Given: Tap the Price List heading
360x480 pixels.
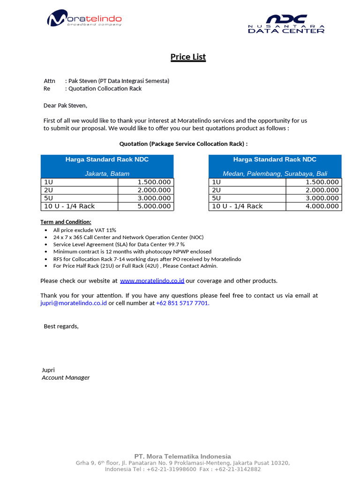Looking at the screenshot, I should point(188,57).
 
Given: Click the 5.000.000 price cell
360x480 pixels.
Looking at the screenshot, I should point(154,206).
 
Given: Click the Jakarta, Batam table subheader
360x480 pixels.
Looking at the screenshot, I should point(107,173).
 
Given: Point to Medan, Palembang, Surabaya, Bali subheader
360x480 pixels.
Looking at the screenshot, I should point(275,173).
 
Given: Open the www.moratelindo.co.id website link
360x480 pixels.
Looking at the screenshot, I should point(152,281).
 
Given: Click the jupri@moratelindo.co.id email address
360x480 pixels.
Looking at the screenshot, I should point(74,303).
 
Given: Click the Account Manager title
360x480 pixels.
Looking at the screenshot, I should point(66,378).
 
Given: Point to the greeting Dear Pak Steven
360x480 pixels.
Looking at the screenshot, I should point(65,105).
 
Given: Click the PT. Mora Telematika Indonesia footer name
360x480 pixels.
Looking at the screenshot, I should point(182,456).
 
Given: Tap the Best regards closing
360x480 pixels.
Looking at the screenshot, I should point(61,326).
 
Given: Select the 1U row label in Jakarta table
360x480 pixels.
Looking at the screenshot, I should point(48,182).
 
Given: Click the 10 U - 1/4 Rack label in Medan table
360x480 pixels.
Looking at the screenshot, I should point(237,206).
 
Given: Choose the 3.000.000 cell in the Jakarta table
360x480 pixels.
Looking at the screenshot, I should point(154,198).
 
